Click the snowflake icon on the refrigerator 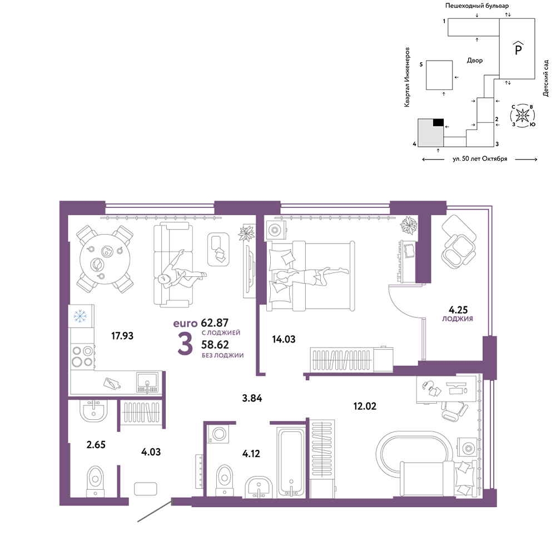80,316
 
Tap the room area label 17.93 122,335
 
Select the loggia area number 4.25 458,310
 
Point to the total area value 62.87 215,322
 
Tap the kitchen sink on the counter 147,383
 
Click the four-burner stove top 83,356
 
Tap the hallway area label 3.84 252,398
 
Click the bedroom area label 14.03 284,339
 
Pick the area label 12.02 365,406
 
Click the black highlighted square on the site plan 438,122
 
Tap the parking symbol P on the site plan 518,48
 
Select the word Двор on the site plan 475,61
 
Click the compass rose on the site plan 523,115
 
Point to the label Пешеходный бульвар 477,6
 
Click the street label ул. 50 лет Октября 480,159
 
